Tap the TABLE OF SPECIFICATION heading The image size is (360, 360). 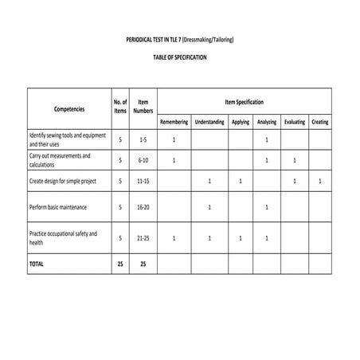tap(180, 58)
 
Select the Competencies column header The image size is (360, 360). tap(68, 108)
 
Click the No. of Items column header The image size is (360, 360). tap(120, 108)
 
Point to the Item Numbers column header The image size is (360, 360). tap(143, 108)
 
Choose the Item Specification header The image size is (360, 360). tap(244, 102)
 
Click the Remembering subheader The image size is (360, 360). tap(174, 122)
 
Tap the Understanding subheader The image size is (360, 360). tap(209, 122)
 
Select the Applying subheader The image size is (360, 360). tap(241, 122)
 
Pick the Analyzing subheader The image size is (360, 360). tap(267, 122)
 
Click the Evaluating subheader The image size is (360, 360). tap(294, 122)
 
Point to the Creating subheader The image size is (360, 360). tap(320, 122)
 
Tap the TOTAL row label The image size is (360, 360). tap(37, 262)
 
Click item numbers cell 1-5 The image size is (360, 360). tap(143, 140)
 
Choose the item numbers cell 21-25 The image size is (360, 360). tap(143, 237)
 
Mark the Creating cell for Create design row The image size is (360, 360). tap(320, 182)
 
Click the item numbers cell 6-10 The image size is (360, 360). tap(143, 160)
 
